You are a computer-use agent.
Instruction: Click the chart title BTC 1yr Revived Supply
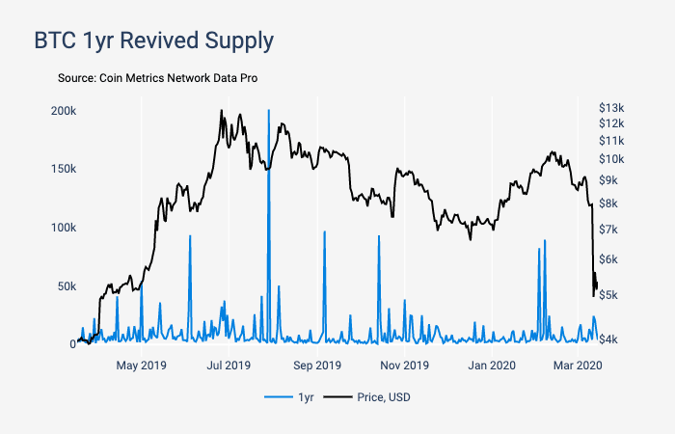point(154,41)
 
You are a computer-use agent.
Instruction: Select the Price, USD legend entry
point(366,397)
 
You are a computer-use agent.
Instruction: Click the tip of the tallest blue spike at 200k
point(268,111)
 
